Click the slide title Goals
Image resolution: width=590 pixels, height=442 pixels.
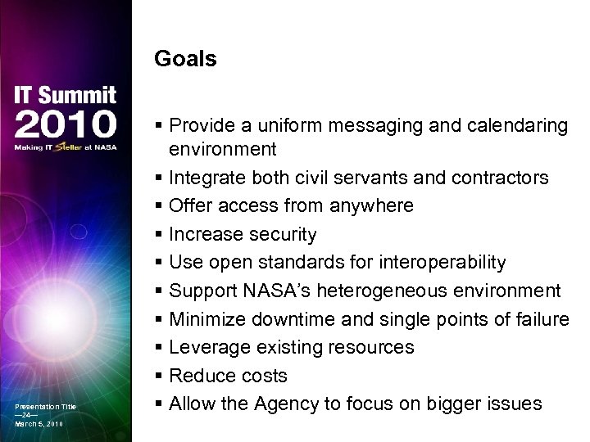[x=185, y=60]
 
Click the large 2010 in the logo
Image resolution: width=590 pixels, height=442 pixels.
[x=66, y=124]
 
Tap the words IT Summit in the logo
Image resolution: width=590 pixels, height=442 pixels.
[x=66, y=95]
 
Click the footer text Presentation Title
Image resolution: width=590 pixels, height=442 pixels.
[x=45, y=407]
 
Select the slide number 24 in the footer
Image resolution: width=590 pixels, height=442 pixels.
[x=32, y=415]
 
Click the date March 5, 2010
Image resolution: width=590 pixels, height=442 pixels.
[x=39, y=424]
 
